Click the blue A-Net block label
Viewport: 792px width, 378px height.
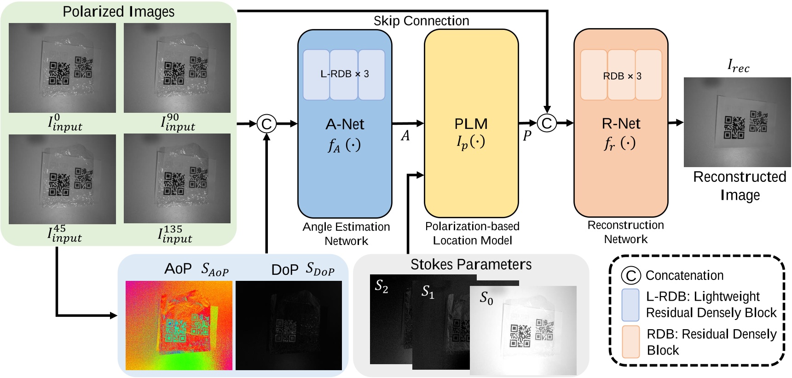click(x=345, y=124)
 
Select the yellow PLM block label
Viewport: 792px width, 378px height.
click(x=471, y=124)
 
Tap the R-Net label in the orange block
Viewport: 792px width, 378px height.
click(x=621, y=123)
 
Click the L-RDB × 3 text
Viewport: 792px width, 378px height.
click(x=344, y=74)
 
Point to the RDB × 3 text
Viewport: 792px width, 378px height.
click(x=622, y=76)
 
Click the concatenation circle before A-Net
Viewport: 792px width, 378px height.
click(x=266, y=124)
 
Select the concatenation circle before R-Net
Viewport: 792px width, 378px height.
click(x=547, y=123)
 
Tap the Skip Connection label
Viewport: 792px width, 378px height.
click(x=421, y=21)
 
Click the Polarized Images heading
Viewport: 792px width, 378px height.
click(x=118, y=12)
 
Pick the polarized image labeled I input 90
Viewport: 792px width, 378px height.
click(x=177, y=68)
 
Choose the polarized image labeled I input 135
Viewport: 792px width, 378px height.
click(x=177, y=179)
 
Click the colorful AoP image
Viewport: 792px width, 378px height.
click(x=179, y=326)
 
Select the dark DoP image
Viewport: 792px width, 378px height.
click(x=289, y=326)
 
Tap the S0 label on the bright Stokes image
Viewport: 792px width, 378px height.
click(x=486, y=298)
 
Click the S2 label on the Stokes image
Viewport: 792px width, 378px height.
click(x=382, y=286)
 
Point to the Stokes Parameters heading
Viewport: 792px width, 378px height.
click(x=471, y=264)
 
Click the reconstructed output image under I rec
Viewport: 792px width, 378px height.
click(x=737, y=122)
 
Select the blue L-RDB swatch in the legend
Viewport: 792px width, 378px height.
click(x=630, y=305)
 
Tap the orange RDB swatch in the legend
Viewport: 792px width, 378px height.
click(x=630, y=342)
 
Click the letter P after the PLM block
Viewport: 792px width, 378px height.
click(x=527, y=135)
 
